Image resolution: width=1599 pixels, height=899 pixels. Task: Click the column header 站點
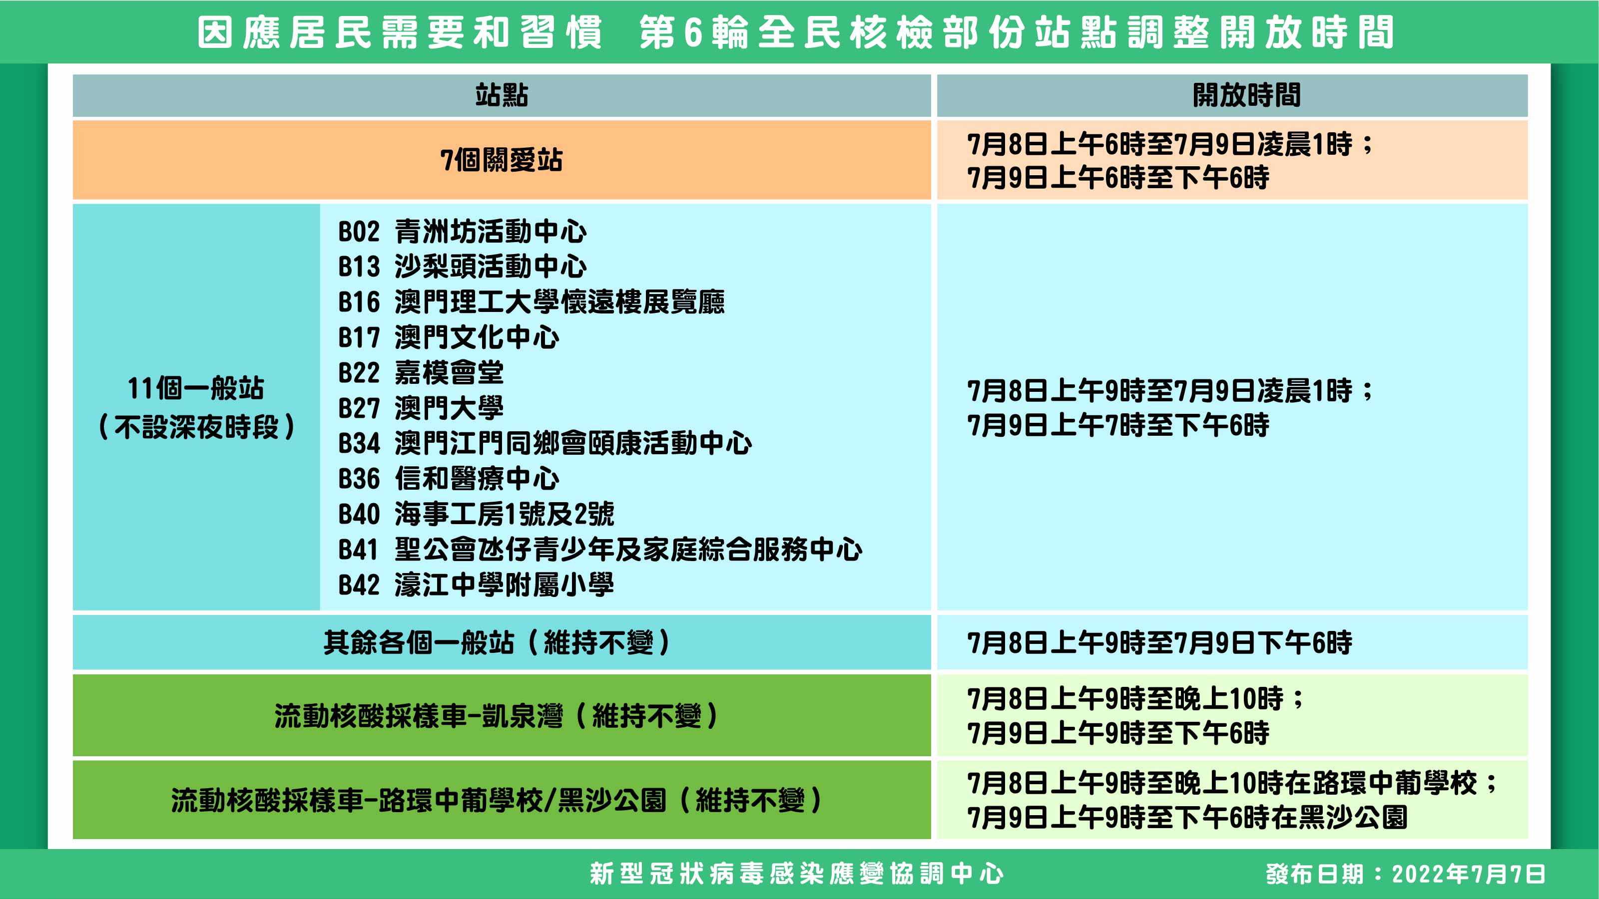pos(502,95)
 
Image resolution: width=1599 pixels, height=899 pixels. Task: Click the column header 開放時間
pos(1246,95)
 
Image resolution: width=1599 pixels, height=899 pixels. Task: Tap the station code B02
pos(359,232)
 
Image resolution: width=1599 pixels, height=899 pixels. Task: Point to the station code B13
pos(359,267)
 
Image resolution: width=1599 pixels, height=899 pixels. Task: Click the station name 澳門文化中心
pos(477,337)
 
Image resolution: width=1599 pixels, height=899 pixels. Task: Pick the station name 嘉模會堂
pos(449,373)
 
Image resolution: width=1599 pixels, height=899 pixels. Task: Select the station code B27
pos(359,408)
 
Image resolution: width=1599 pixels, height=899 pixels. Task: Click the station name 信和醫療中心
pos(477,478)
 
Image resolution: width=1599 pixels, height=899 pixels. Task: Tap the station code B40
pos(359,514)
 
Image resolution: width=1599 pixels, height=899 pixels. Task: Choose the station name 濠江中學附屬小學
pos(504,585)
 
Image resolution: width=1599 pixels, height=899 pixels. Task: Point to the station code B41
pos(358,549)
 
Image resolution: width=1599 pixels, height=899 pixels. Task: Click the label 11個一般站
pos(195,388)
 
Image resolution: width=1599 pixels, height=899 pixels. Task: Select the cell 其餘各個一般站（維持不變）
pos(497,642)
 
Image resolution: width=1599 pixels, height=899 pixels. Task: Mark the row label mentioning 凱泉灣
pos(496,716)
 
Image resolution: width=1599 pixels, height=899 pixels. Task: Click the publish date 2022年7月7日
pos(1468,874)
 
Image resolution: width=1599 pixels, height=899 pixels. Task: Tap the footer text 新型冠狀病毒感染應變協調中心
pos(796,874)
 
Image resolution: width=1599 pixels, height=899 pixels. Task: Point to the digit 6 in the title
pos(693,33)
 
